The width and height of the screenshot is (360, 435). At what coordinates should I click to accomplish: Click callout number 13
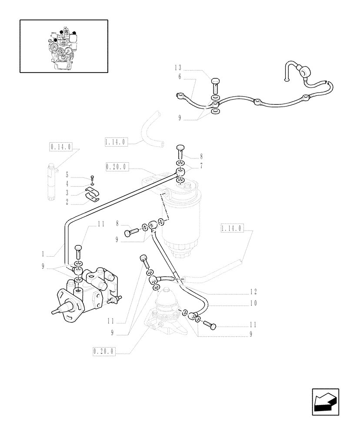click(x=178, y=67)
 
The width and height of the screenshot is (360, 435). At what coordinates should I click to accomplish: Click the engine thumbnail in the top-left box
click(x=63, y=46)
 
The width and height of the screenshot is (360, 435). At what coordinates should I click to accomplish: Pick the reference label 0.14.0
click(x=58, y=147)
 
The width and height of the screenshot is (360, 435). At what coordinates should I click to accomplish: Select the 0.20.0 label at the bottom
click(x=103, y=351)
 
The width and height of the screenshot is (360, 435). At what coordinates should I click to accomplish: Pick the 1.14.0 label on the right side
click(x=232, y=228)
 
